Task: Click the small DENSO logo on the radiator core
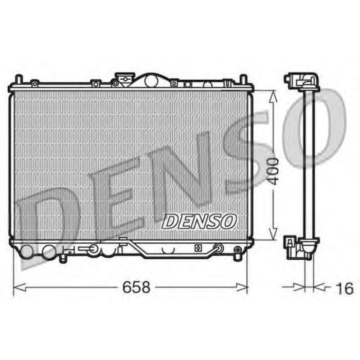pyautogui.click(x=199, y=221)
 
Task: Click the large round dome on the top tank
pyautogui.click(x=151, y=80)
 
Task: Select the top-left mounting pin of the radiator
pyautogui.click(x=18, y=80)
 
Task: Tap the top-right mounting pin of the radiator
pyautogui.click(x=244, y=80)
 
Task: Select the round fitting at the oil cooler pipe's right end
pyautogui.click(x=218, y=249)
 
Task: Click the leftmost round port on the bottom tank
pyautogui.click(x=26, y=251)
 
